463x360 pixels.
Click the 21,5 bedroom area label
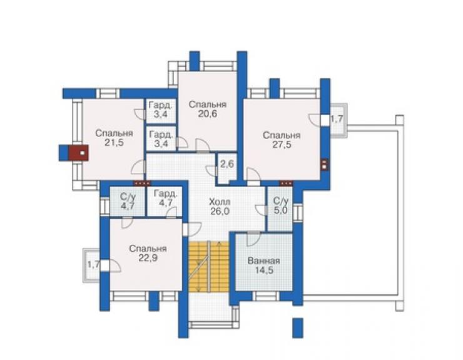[x=114, y=143]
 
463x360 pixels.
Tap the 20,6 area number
[x=208, y=114]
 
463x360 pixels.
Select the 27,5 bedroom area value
[x=282, y=145]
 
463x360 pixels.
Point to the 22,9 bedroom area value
[x=148, y=258]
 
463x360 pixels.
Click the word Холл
[x=220, y=202]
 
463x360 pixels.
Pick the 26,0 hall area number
[x=220, y=211]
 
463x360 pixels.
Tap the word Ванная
[x=263, y=261]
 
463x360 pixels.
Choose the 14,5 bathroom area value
[x=264, y=270]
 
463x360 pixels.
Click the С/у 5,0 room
[x=280, y=208]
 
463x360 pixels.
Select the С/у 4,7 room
[x=128, y=201]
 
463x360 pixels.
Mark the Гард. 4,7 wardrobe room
[x=166, y=201]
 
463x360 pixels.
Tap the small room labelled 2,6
[x=227, y=168]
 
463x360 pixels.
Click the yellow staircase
[x=209, y=267]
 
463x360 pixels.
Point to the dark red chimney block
[x=79, y=153]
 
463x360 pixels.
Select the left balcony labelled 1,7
[x=92, y=265]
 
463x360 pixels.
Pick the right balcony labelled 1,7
[x=338, y=120]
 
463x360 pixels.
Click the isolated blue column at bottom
[x=298, y=328]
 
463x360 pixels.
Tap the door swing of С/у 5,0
[x=261, y=210]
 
